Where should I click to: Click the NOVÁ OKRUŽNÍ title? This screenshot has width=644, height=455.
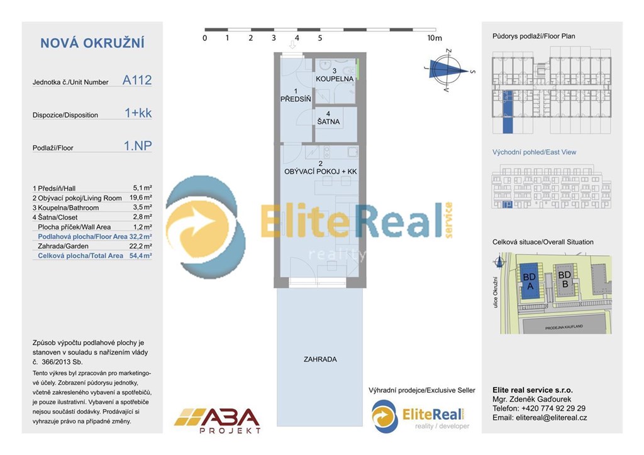point(92,43)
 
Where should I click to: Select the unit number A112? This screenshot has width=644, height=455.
point(137,80)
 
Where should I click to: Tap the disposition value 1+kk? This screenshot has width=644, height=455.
point(138,114)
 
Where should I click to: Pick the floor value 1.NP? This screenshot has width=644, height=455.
point(138,147)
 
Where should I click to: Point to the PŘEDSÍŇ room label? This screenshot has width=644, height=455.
point(294,99)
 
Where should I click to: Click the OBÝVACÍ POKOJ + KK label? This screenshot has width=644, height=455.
point(321,171)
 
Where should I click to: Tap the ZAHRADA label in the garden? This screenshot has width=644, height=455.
point(320,360)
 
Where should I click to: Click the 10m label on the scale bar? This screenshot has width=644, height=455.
point(435,38)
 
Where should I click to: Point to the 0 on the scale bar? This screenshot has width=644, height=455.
point(205,38)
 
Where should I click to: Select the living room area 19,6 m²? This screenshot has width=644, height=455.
point(142,198)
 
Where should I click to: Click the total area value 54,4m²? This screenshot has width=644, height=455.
point(140,256)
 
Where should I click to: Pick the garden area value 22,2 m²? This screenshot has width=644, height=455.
point(142,246)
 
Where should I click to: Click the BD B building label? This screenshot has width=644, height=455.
point(564,279)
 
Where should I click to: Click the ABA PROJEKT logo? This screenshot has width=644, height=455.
point(217,420)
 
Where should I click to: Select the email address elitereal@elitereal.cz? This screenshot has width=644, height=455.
point(540,417)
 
